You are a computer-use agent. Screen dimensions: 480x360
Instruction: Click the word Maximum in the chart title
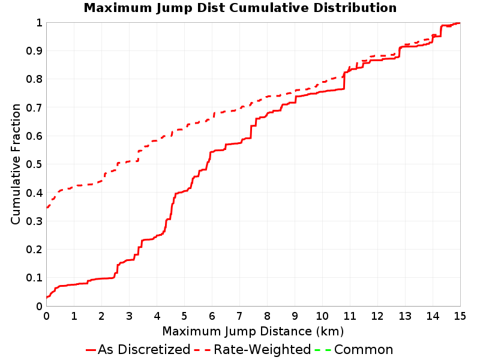pyautogui.click(x=118, y=8)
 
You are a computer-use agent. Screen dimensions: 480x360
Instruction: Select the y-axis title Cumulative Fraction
pyautogui.click(x=16, y=164)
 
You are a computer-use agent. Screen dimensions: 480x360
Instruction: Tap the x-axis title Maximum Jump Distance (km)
pyautogui.click(x=253, y=331)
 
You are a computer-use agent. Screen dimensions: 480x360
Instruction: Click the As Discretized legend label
pyautogui.click(x=144, y=349)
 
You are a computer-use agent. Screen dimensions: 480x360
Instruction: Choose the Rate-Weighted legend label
pyautogui.click(x=262, y=349)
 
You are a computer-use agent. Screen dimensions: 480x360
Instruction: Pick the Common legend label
pyautogui.click(x=364, y=349)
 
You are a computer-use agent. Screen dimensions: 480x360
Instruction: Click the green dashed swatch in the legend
pyautogui.click(x=323, y=350)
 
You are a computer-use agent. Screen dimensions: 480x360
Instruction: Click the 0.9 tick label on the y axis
pyautogui.click(x=34, y=51)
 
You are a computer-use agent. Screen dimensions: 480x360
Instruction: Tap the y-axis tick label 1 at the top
pyautogui.click(x=39, y=23)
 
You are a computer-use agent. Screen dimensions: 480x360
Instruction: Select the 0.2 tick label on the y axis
pyautogui.click(x=34, y=250)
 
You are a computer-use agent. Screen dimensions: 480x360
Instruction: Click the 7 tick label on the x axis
pyautogui.click(x=239, y=316)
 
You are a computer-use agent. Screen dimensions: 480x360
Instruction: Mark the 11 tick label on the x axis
pyautogui.click(x=350, y=316)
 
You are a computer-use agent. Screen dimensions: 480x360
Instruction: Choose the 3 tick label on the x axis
pyautogui.click(x=129, y=316)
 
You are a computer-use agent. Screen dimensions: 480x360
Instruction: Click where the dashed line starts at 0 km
pyautogui.click(x=47, y=208)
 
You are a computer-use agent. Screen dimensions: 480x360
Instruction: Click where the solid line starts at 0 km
pyautogui.click(x=47, y=297)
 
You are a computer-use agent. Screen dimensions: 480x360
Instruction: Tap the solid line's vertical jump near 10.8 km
pyautogui.click(x=344, y=81)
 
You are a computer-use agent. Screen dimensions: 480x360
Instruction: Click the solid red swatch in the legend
pyautogui.click(x=91, y=350)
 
